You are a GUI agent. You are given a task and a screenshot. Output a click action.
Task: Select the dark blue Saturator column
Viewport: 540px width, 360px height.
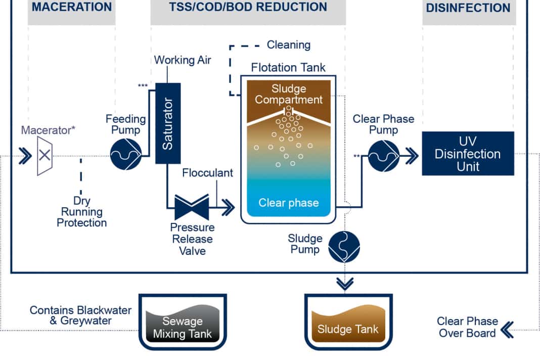(x=167, y=123)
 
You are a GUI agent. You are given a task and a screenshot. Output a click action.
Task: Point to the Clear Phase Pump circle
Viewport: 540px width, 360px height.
(x=383, y=156)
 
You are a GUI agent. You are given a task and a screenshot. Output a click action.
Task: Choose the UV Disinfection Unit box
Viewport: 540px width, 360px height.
(x=468, y=154)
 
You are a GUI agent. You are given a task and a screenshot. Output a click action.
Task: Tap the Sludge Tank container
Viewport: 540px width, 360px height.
(x=347, y=324)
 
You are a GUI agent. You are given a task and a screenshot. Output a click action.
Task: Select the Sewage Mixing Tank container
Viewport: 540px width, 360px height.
(x=183, y=324)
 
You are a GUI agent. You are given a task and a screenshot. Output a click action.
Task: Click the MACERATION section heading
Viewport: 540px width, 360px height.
(x=72, y=8)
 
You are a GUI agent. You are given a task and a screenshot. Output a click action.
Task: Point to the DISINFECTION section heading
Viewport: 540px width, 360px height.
(x=468, y=8)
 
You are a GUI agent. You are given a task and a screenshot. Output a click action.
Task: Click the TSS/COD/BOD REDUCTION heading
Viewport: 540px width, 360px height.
(x=248, y=8)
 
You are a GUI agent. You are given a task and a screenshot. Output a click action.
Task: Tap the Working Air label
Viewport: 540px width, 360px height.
(x=183, y=60)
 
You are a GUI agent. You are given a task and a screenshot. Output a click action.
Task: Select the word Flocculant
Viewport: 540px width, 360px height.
(x=208, y=173)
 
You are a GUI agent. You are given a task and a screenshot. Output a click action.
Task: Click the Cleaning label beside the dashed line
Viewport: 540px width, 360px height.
(x=289, y=45)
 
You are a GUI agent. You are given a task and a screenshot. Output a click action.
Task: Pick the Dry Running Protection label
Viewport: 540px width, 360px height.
(x=82, y=212)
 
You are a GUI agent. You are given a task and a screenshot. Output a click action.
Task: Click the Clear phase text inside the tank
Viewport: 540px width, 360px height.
(x=289, y=203)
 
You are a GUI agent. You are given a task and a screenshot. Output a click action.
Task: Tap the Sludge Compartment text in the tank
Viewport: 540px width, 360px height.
(x=289, y=94)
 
